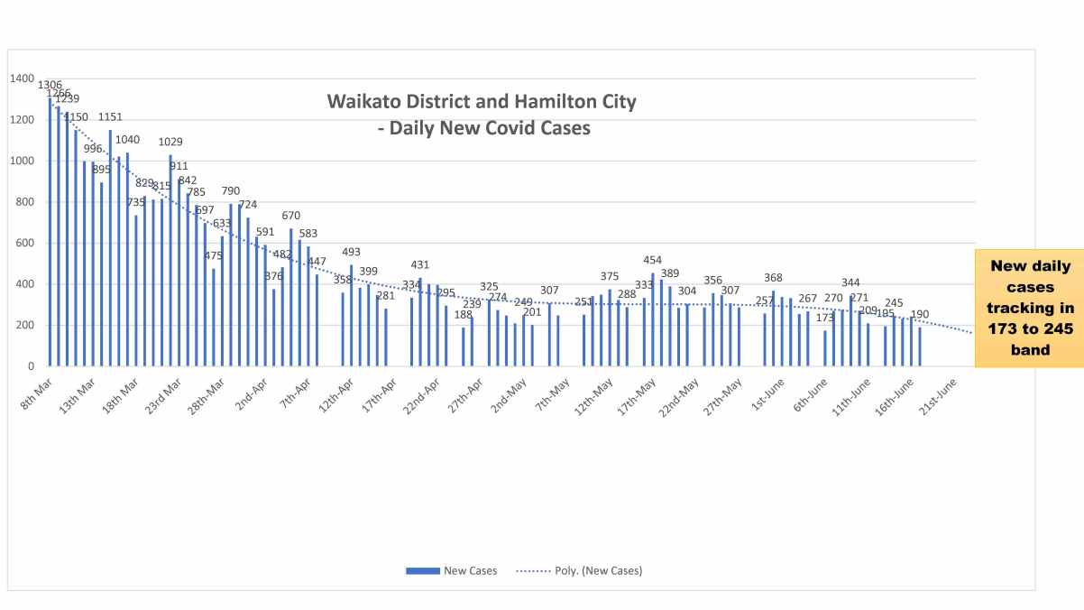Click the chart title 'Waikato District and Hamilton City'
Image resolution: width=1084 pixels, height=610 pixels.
[x=481, y=101]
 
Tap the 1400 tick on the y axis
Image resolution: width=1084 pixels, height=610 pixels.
[x=22, y=79]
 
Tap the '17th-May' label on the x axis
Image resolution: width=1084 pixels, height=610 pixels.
[x=639, y=395]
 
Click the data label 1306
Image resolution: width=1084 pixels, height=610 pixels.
[x=50, y=85]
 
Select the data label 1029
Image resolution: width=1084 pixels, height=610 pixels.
[x=170, y=142]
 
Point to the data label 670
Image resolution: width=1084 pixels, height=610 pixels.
[x=290, y=216]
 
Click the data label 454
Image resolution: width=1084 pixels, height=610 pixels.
[x=652, y=261]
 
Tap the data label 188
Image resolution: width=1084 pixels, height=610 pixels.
[x=463, y=315]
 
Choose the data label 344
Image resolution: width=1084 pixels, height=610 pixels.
[x=850, y=283]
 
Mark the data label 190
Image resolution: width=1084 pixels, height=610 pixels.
[x=919, y=315]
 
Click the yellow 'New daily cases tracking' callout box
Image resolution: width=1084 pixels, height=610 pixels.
[x=1029, y=307]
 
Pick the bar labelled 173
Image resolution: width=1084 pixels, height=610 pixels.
[x=824, y=348]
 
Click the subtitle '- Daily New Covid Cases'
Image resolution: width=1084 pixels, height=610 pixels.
[x=483, y=128]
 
